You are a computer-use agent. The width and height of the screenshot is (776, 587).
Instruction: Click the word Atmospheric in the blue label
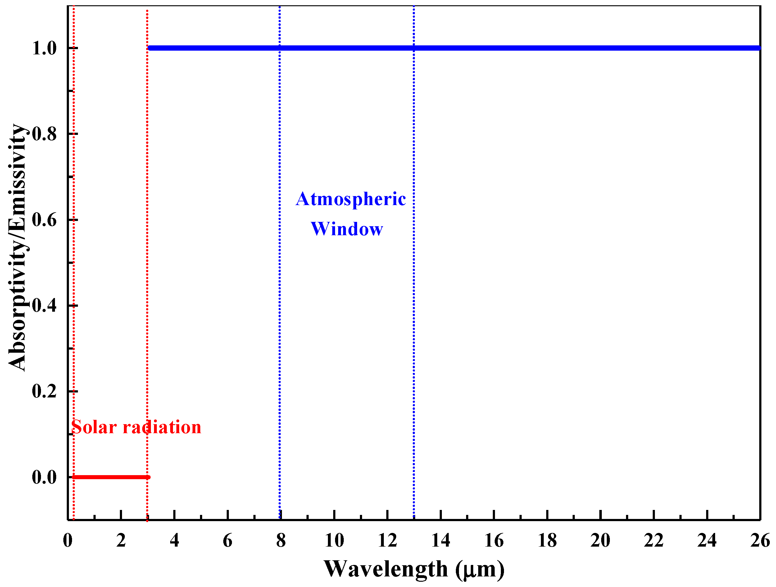[351, 199]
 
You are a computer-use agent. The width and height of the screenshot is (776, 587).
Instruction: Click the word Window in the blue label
[347, 229]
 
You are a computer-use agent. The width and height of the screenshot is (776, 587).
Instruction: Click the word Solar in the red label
[94, 427]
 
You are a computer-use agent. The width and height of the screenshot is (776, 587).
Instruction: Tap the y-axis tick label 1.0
[44, 48]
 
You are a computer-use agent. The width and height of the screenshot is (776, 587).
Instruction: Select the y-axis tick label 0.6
[44, 220]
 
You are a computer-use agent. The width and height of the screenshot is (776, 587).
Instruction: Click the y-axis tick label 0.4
[44, 305]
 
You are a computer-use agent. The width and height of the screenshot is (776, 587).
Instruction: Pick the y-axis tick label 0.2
[44, 391]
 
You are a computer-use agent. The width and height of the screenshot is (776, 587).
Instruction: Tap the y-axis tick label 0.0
[44, 477]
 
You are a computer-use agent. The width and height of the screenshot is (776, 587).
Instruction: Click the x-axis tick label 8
[281, 540]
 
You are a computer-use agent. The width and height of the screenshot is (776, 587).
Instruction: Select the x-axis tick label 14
[441, 540]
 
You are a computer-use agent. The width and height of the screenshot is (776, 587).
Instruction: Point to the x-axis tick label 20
[600, 540]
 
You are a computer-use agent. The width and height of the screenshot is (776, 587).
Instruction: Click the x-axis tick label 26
[760, 540]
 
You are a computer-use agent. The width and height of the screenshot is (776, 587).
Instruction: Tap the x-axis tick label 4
[174, 540]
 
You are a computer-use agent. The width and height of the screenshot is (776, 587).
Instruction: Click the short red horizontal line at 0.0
[111, 477]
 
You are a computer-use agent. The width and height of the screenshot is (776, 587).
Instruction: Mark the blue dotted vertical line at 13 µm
[414, 316]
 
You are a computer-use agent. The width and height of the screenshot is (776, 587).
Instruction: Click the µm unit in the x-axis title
[480, 570]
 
